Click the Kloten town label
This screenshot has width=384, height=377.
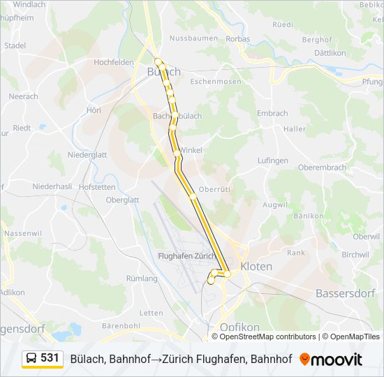[256, 267]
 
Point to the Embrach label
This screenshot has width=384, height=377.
[272, 113]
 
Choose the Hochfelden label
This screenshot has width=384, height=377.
[113, 62]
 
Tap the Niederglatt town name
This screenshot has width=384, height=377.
[87, 155]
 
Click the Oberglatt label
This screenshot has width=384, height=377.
[122, 199]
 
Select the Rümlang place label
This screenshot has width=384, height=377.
[142, 278]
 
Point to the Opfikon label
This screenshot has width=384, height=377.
[239, 327]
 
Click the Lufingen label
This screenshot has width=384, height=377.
[272, 160]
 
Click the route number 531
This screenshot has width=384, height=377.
[50, 358]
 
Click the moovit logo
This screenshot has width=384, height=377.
[331, 360]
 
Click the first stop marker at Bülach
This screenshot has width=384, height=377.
[158, 60]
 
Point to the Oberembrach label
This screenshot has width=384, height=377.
[322, 168]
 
